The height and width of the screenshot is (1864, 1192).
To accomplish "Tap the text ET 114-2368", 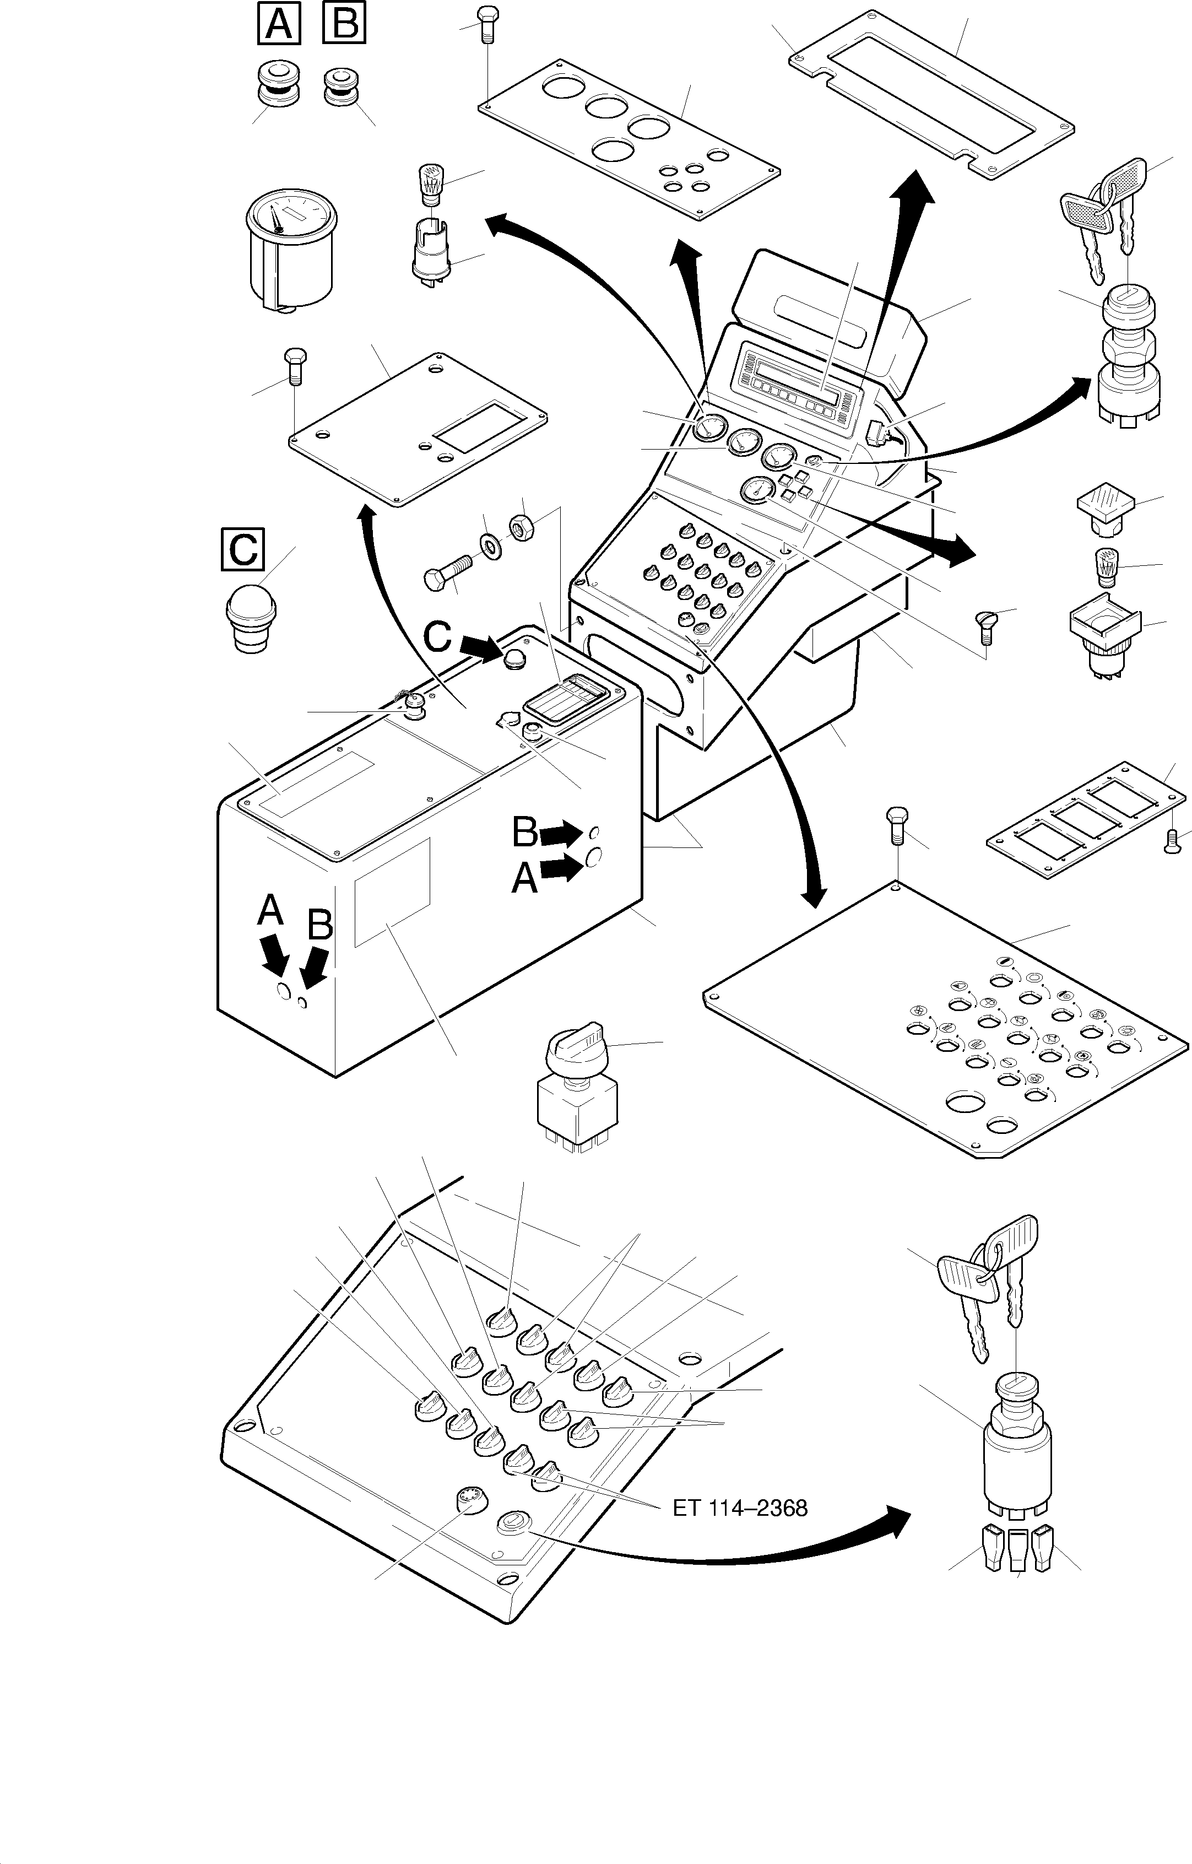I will (740, 1508).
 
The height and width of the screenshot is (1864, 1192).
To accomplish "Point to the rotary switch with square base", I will (577, 1091).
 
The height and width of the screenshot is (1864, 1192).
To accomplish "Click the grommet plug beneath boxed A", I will (279, 85).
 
